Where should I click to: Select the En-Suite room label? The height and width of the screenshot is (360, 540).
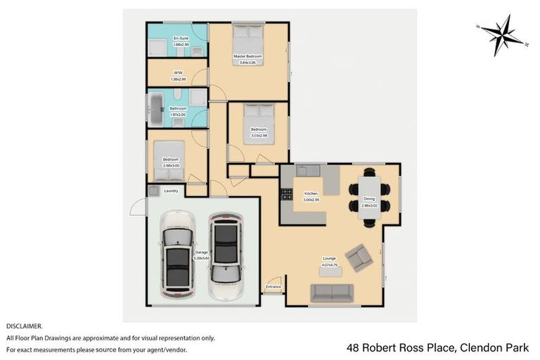point(181,39)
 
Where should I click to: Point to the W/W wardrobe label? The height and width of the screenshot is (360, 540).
point(178,72)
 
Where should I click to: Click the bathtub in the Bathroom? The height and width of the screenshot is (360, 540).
point(156,108)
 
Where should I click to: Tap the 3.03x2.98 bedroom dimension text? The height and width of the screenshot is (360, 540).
point(258,134)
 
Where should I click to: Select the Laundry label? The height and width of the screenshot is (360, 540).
point(171,191)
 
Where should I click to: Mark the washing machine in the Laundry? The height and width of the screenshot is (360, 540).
point(153,191)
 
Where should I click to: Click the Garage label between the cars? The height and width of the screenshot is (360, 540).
point(201,251)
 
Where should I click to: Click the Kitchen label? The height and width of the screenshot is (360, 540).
point(311,193)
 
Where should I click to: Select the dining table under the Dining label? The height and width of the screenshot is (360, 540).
point(369,198)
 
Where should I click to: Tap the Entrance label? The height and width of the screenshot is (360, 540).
point(273,287)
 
